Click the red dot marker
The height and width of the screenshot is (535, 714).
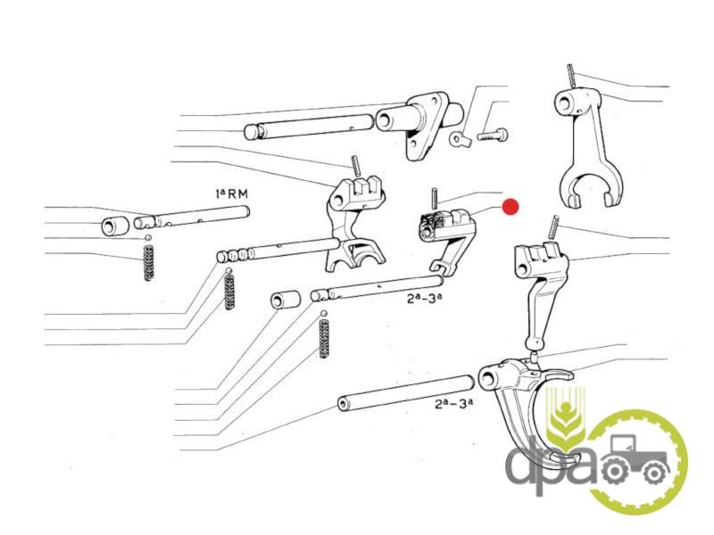510,207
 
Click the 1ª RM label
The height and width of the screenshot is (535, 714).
232,193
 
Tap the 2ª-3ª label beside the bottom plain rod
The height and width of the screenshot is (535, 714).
453,403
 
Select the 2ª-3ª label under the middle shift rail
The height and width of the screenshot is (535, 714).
425,299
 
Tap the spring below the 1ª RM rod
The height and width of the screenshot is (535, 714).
148,263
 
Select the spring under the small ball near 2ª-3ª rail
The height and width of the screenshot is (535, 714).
324,338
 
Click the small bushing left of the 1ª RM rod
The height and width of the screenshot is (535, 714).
115,226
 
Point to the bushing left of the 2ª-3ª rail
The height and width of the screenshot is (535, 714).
286,300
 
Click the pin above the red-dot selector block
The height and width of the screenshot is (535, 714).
435,199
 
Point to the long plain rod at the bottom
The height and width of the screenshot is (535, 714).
405,392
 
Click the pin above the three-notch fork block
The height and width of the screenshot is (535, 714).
356,165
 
